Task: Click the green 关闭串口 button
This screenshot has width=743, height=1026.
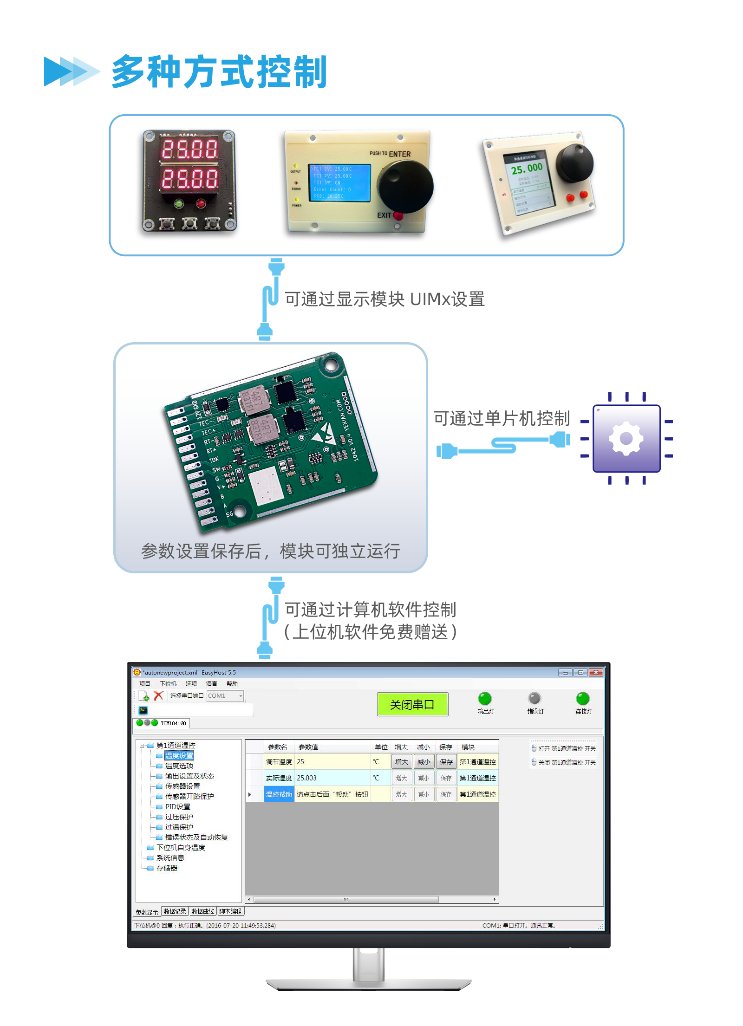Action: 412,704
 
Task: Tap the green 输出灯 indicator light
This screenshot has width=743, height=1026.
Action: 485,698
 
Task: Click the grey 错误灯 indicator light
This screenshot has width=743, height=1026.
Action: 534,698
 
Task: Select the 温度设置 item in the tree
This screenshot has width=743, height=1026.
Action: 179,755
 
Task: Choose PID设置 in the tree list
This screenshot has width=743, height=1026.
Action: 177,806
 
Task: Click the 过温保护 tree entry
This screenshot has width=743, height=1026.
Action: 179,827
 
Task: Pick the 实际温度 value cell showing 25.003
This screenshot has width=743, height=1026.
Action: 332,778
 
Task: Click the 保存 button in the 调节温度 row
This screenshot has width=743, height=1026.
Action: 446,762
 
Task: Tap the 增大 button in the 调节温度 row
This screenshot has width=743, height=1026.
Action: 401,762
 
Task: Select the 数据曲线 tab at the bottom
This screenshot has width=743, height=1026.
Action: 202,911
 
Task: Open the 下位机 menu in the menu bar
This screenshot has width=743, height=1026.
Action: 168,683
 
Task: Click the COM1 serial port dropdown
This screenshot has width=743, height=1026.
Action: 225,695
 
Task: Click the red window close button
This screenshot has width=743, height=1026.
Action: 596,672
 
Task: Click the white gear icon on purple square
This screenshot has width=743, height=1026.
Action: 626,438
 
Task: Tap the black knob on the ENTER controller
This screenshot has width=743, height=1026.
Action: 405,186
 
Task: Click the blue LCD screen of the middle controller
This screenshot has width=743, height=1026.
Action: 341,183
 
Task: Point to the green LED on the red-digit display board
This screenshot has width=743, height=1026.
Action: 178,203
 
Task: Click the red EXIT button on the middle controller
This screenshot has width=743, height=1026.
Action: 398,215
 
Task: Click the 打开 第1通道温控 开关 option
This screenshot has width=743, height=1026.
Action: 564,748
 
